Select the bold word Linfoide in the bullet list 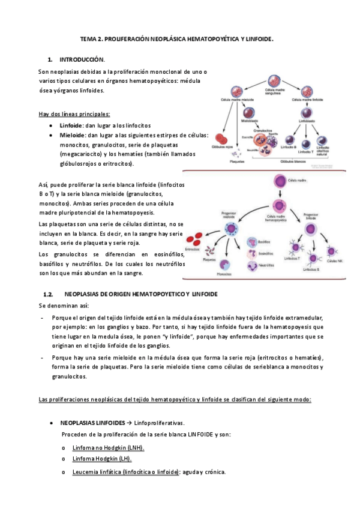(x=71, y=125)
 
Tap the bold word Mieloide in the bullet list (x=73, y=136)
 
